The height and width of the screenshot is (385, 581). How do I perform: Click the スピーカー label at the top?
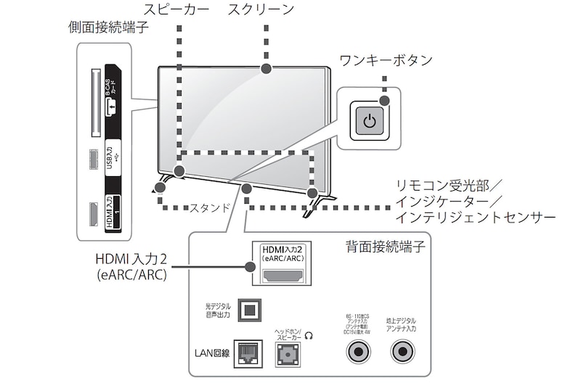click(177, 10)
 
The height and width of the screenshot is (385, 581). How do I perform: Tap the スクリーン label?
click(261, 10)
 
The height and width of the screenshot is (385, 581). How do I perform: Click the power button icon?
click(370, 120)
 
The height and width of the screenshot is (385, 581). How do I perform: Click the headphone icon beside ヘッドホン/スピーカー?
click(310, 335)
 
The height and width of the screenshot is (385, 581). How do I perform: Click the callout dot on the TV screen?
click(266, 69)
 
